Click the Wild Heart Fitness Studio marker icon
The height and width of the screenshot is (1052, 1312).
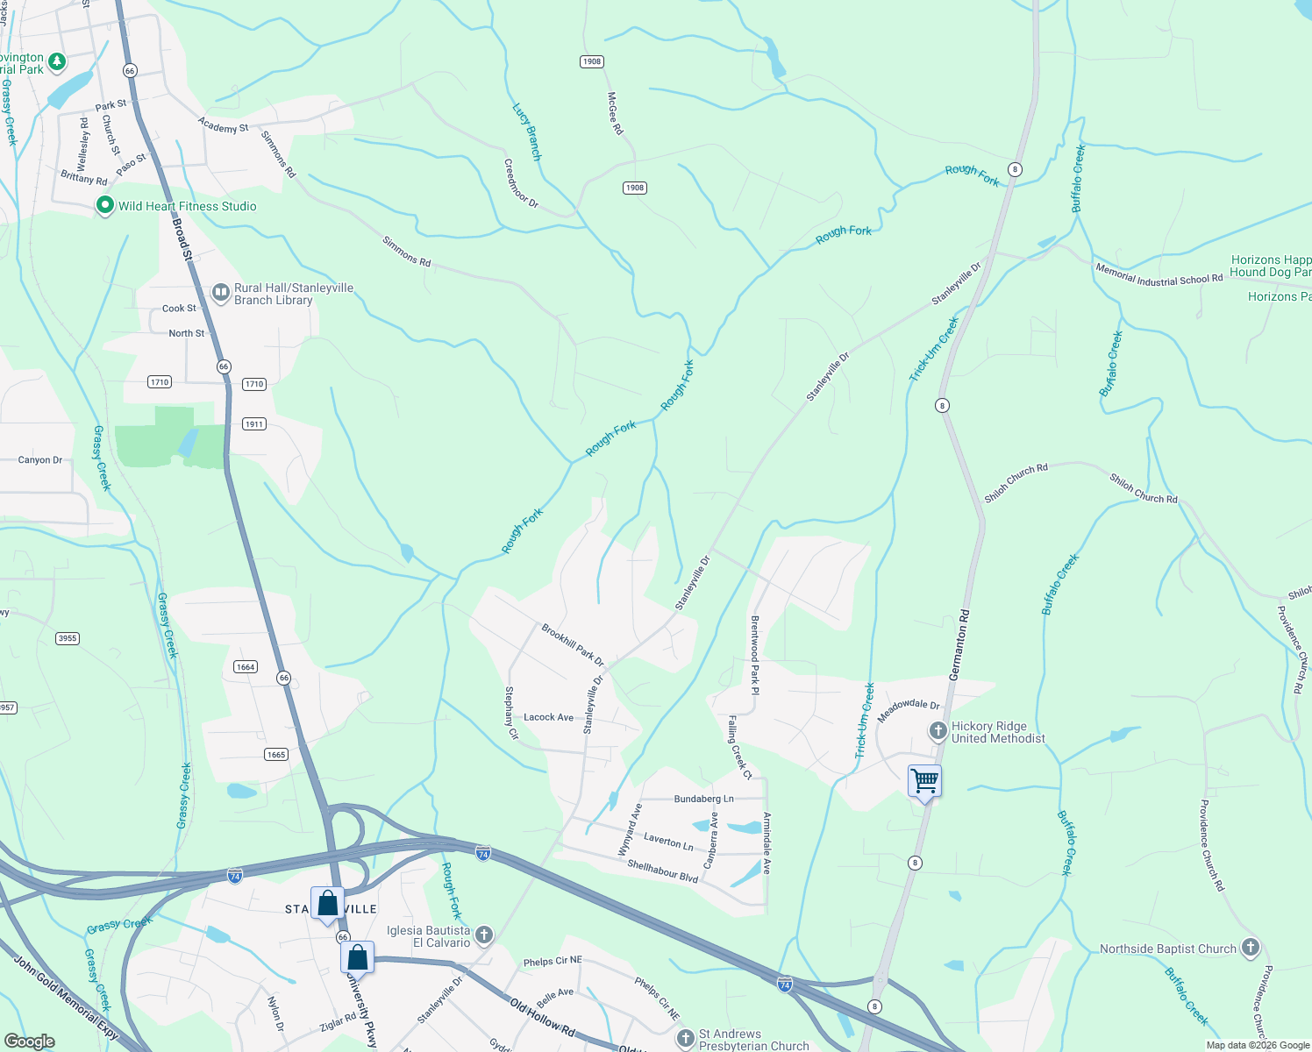coord(105,205)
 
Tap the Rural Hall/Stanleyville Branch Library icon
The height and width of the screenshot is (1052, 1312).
coord(221,293)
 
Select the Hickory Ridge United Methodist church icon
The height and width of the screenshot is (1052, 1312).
coord(938,730)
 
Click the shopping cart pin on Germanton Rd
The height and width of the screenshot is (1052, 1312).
coord(925,779)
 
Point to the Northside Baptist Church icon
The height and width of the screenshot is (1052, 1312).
coord(1251,947)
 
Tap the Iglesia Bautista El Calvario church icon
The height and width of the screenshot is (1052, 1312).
coord(484,935)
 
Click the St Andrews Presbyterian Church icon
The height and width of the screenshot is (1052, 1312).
coord(686,1039)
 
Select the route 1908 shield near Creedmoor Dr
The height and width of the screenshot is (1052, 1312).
coord(635,188)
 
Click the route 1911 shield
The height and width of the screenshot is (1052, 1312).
coord(254,424)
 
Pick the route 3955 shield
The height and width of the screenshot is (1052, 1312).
coord(68,638)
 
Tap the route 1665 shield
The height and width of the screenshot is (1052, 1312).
coord(276,755)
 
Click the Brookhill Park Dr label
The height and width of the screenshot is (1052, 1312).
coord(573,643)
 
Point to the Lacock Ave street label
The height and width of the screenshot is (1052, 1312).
coord(548,717)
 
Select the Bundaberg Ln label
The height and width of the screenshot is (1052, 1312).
coord(703,799)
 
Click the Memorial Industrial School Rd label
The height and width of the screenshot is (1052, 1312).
coord(1159,274)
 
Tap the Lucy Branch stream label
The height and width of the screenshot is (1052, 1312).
coord(527,131)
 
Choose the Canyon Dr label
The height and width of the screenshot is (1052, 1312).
coord(40,459)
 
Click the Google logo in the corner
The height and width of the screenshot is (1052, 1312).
coord(29,1041)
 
